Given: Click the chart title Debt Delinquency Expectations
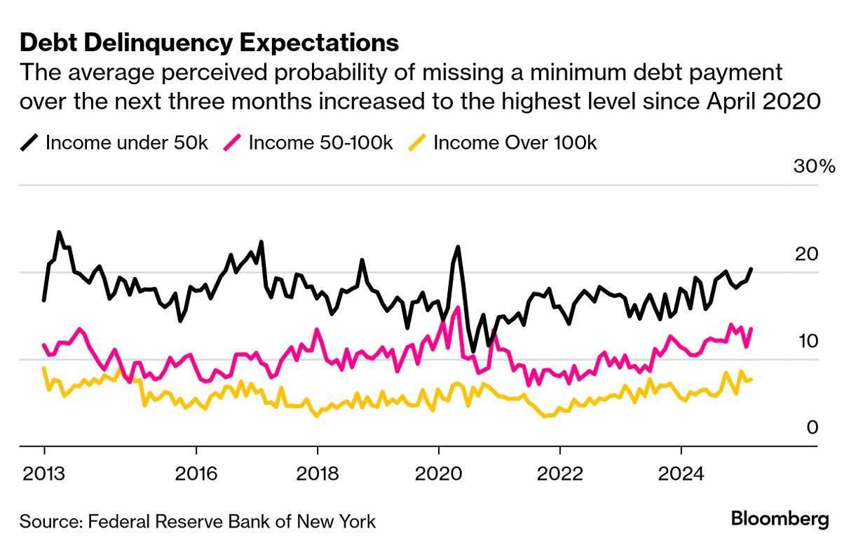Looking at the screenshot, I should (209, 43).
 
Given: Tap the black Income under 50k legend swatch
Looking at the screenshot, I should (29, 143).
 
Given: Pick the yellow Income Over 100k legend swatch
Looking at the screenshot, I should (418, 143).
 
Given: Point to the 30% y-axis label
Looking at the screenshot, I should (814, 167).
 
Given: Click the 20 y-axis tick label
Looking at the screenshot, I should (807, 253).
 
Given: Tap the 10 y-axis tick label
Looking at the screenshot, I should (807, 341).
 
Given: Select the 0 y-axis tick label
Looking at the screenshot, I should (812, 427).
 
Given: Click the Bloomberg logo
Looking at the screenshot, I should (780, 520).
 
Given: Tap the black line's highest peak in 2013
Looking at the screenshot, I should (59, 232).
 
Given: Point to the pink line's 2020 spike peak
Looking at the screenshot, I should (458, 307).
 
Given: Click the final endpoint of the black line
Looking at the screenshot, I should (752, 269).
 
